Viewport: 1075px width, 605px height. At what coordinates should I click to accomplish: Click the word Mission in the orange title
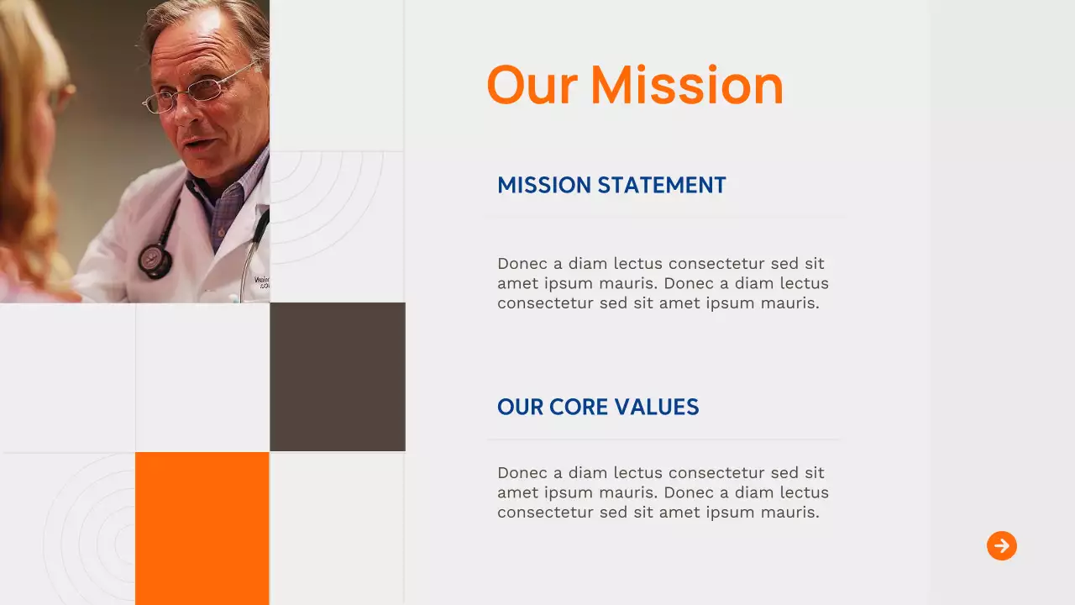point(686,86)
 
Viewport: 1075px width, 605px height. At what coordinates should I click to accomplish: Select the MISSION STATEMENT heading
point(611,186)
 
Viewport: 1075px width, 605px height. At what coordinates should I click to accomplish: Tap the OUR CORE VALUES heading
point(598,408)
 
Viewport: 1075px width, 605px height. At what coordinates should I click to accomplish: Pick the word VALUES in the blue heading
point(657,408)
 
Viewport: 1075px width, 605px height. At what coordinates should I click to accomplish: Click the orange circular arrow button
point(1001,546)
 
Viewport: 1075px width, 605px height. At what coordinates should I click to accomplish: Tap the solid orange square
point(202,528)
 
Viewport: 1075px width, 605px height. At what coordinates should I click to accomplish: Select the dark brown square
point(338,376)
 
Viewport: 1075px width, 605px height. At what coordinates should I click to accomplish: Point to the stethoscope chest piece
point(155,260)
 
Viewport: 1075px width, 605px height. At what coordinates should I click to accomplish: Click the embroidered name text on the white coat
point(261,281)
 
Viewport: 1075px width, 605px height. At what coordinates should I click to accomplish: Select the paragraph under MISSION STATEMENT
point(662,283)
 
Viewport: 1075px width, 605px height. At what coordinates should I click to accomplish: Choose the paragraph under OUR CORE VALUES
point(662,492)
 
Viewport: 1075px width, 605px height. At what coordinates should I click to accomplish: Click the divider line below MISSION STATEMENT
point(663,218)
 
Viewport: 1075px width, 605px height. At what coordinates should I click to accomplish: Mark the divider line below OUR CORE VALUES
point(663,439)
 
